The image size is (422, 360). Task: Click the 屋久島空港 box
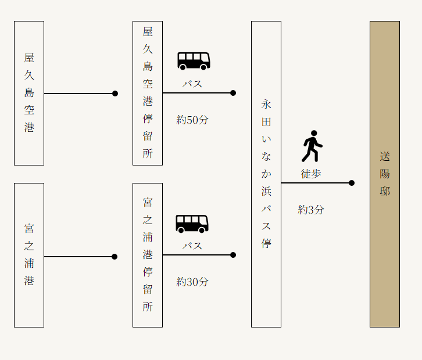tap(29, 93)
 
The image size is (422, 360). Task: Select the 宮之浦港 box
tap(29, 255)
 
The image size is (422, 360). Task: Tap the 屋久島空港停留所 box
tap(148, 93)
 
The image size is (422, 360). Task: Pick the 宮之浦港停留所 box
tap(148, 255)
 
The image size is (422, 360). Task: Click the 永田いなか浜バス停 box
tap(266, 174)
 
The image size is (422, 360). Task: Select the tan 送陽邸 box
tap(385, 174)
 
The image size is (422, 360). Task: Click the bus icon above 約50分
tap(194, 61)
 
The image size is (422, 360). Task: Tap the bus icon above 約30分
tap(192, 224)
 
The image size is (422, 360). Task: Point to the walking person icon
tap(312, 146)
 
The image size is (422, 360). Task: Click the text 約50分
tap(192, 120)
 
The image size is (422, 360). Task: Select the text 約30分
tap(192, 282)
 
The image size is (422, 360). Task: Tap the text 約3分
tap(311, 210)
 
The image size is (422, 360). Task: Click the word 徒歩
tap(311, 174)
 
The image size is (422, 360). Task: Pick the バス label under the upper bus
tap(192, 84)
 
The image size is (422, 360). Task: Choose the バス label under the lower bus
tap(192, 246)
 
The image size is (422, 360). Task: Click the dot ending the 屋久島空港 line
tap(115, 93)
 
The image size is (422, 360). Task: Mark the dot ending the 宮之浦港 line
tap(115, 257)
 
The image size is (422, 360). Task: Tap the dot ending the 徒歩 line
tap(352, 183)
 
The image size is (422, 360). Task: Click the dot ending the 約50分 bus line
tap(233, 93)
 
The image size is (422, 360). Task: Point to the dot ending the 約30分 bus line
tap(233, 255)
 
